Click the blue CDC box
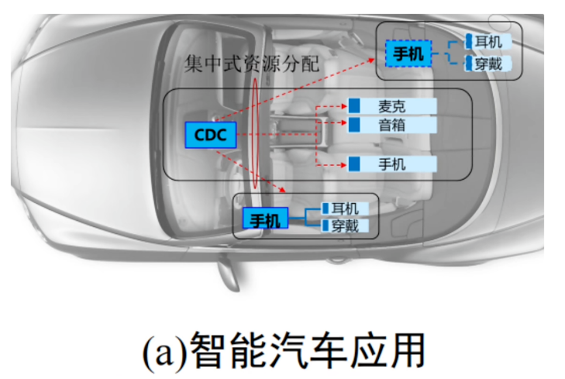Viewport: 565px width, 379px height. tap(210, 136)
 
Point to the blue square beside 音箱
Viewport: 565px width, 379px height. tap(354, 125)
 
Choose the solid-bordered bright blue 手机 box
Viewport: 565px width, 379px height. tap(264, 220)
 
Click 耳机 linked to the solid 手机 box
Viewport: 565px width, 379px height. tap(345, 208)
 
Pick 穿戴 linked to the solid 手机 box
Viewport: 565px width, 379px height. tap(345, 226)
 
